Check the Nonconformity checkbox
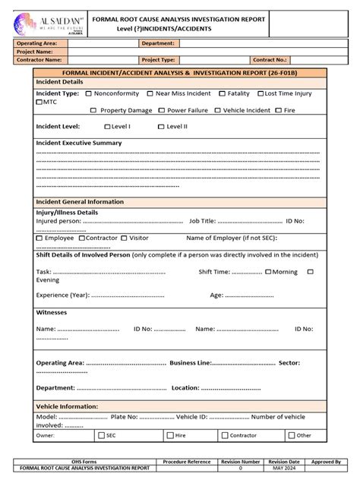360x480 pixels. [89, 93]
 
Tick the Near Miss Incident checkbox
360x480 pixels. [150, 93]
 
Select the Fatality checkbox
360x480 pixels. [222, 93]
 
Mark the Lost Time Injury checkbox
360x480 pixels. [261, 93]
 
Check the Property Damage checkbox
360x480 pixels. [93, 110]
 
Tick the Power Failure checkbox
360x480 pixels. [160, 110]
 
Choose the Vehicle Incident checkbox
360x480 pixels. [217, 110]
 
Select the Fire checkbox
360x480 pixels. [280, 110]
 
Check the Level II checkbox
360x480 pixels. [161, 127]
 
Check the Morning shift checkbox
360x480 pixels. [267, 271]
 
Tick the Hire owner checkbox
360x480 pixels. [170, 435]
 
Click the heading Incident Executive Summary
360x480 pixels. [78, 143]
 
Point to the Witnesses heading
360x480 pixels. [52, 312]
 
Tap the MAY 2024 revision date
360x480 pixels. [283, 469]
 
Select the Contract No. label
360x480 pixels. [270, 58]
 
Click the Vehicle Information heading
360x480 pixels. [68, 406]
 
